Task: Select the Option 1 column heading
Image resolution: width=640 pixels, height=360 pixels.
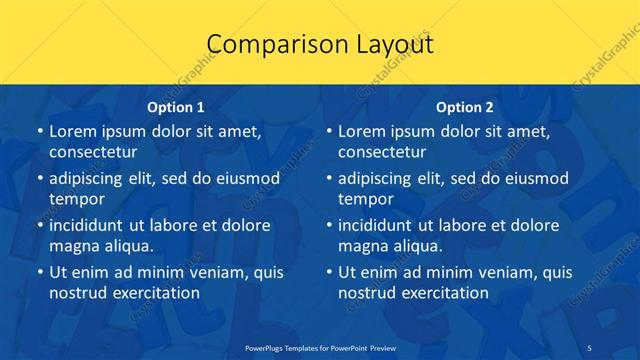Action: pyautogui.click(x=176, y=107)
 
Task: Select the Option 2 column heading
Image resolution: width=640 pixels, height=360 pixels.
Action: pyautogui.click(x=465, y=107)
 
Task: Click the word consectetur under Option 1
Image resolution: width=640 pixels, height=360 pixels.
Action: pyautogui.click(x=93, y=152)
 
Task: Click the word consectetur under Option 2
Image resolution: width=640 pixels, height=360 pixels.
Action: pyautogui.click(x=382, y=152)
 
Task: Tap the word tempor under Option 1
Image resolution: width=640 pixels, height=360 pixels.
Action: pyautogui.click(x=77, y=199)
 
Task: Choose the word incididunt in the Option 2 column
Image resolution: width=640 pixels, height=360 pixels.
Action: pyautogui.click(x=381, y=225)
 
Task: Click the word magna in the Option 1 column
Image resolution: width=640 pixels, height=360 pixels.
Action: pyautogui.click(x=73, y=245)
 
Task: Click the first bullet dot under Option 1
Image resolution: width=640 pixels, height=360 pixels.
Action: pyautogui.click(x=39, y=132)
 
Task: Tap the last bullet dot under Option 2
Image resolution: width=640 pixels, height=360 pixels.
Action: pyautogui.click(x=328, y=272)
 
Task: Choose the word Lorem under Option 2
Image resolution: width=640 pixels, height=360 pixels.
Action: pyautogui.click(x=361, y=132)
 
